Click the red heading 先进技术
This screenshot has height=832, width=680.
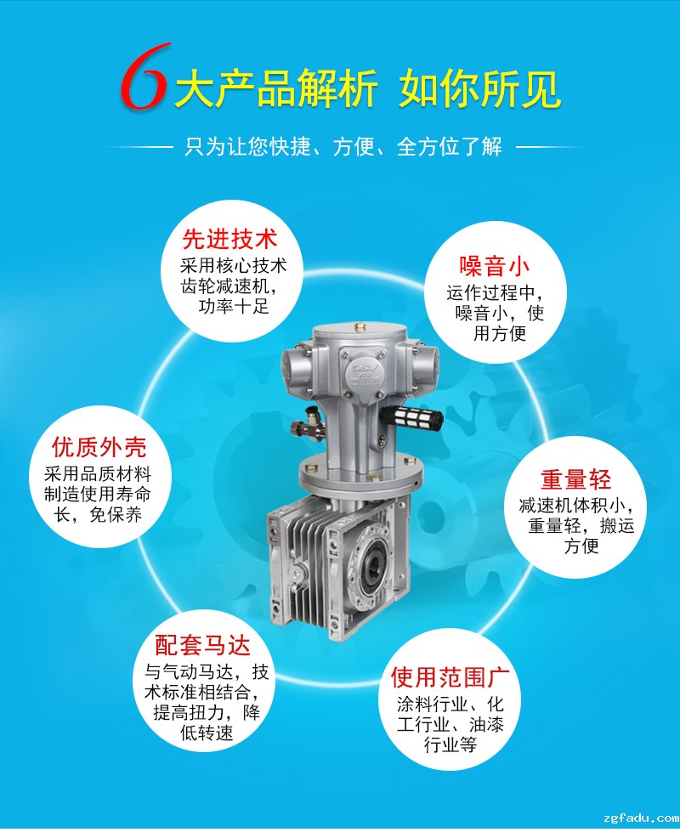tap(229, 240)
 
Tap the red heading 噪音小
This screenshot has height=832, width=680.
tap(495, 266)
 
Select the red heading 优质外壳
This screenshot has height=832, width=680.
tap(99, 447)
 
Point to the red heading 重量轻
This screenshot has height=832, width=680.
tap(576, 479)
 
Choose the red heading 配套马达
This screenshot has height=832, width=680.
tap(203, 646)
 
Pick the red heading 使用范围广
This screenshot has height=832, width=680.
tap(450, 677)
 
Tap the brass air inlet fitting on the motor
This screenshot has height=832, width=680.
tap(304, 426)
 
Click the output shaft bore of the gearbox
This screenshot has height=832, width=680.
tap(371, 572)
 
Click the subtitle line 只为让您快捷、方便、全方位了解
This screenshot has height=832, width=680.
tap(343, 146)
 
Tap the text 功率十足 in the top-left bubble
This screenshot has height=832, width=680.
tap(234, 306)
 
